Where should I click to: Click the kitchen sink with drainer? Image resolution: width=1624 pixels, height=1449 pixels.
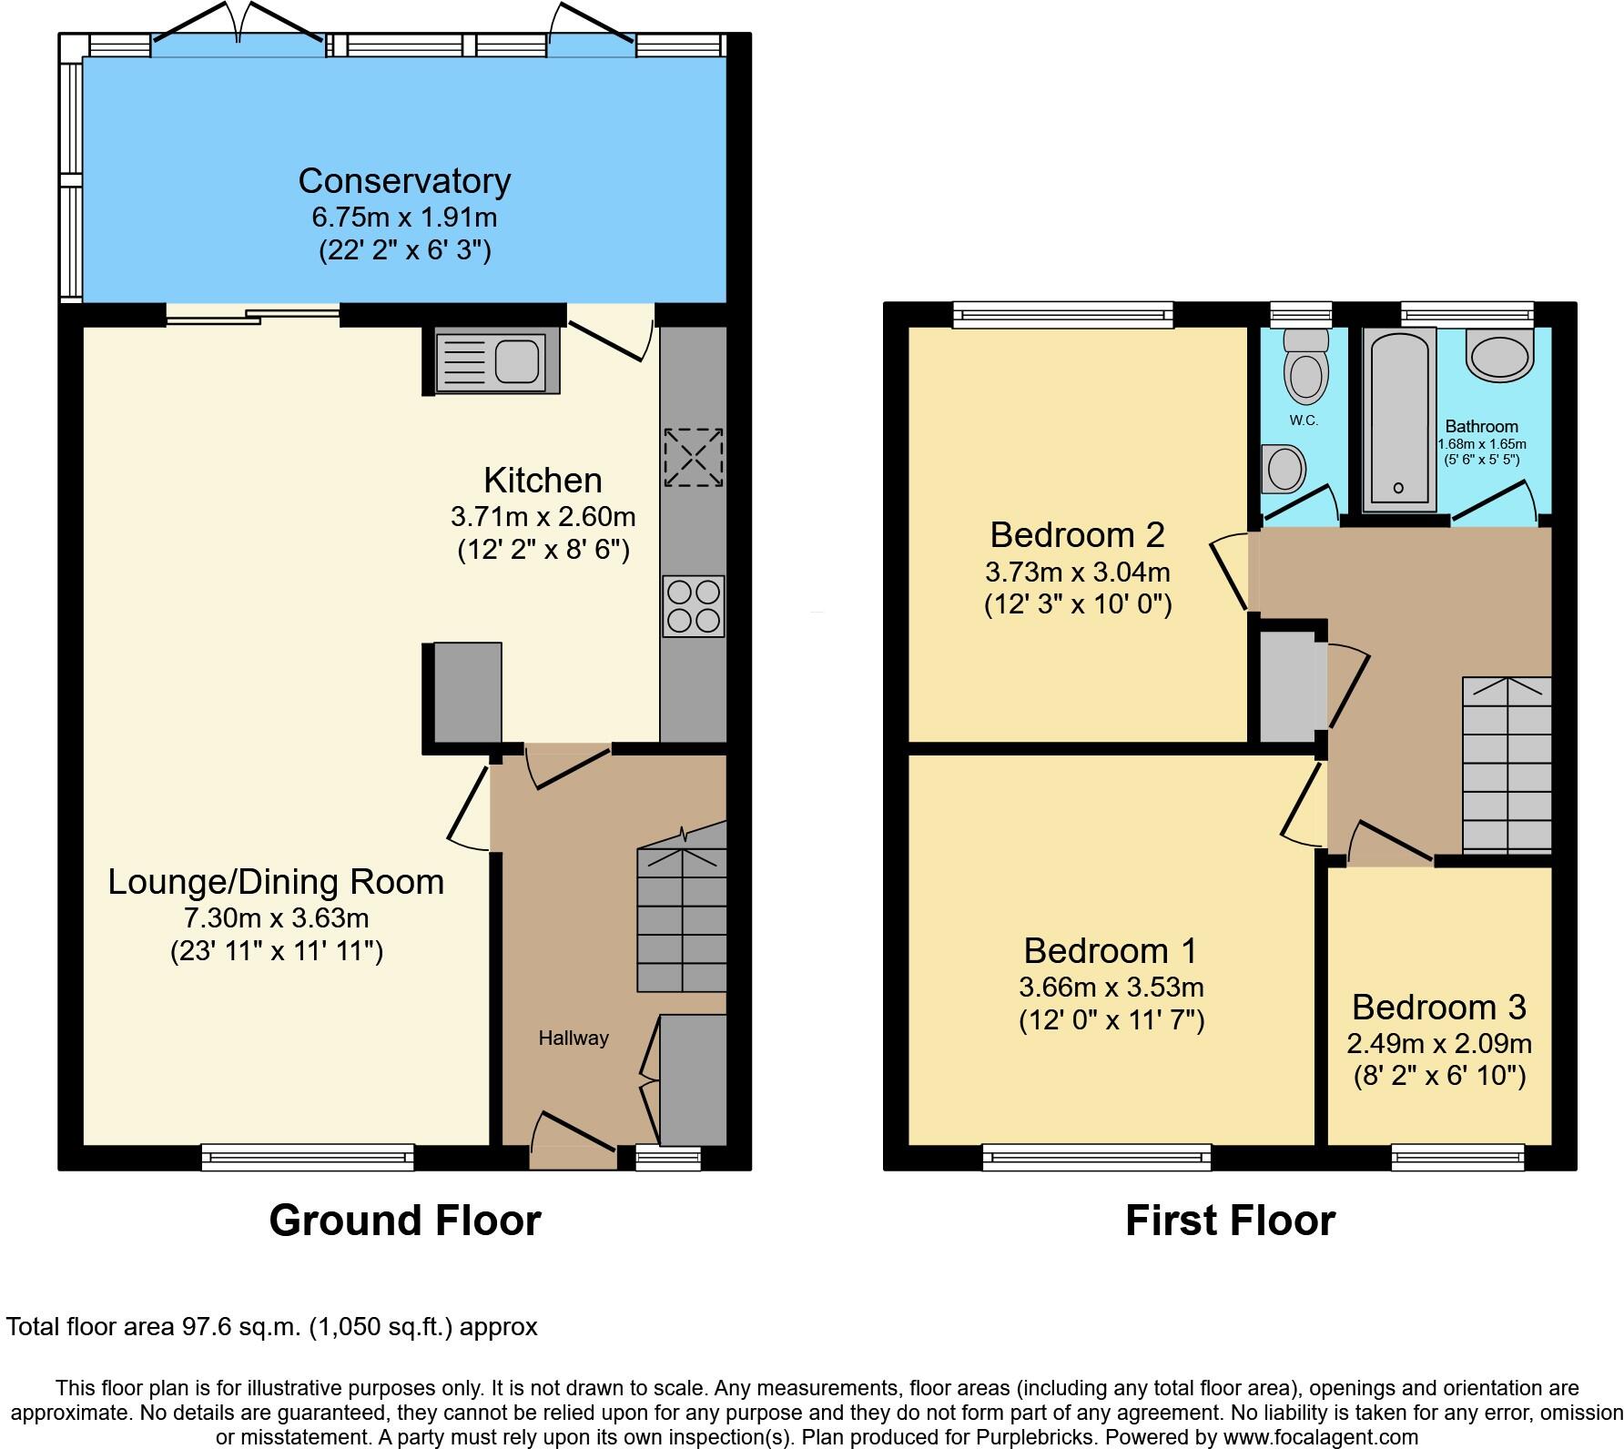coord(492,362)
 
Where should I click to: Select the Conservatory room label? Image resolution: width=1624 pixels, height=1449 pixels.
coord(404,180)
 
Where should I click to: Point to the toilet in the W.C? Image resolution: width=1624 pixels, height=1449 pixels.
coord(1305,369)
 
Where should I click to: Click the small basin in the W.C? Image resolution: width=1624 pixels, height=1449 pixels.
coord(1284,468)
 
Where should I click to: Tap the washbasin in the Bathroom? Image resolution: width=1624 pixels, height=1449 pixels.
coord(1500,355)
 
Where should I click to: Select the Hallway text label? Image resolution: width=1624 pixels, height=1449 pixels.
coord(573,1038)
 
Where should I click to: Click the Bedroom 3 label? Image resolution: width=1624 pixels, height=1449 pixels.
coord(1438,1007)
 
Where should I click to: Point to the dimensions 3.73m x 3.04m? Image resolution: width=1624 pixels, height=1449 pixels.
coord(1077,573)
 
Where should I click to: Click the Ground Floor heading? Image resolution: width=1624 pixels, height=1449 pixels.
coord(404,1220)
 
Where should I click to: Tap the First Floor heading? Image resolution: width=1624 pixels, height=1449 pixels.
coord(1230,1220)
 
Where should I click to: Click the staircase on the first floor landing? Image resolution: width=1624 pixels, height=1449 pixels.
coord(1507,765)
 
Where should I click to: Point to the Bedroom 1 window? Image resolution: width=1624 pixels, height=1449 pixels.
coord(1097,1157)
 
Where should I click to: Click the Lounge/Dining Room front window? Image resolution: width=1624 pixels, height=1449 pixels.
coord(308,1157)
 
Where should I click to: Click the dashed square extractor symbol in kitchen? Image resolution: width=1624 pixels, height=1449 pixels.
coord(695,458)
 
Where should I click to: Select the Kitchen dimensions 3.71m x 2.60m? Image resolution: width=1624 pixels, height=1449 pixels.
coord(543,517)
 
